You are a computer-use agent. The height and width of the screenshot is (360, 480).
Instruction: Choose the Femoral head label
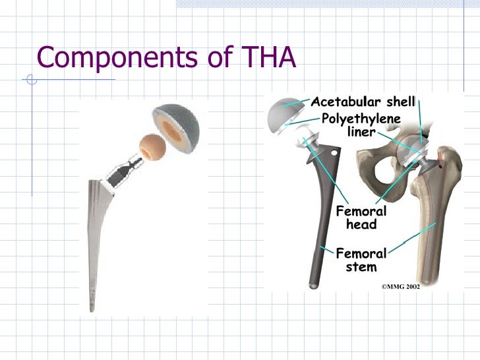tap(361, 218)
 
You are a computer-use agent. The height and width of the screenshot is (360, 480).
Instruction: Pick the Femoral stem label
tap(361, 260)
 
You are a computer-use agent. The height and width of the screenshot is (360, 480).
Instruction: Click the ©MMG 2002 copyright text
tap(401, 287)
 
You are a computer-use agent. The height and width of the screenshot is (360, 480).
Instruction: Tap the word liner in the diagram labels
tap(361, 132)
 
